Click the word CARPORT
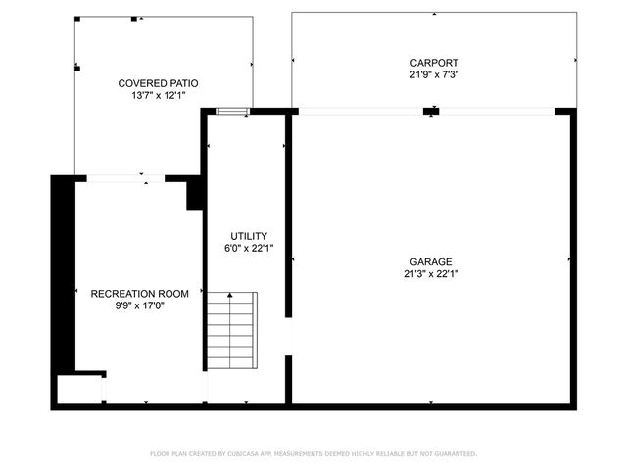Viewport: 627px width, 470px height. click(434, 63)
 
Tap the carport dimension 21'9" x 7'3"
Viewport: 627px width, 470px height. click(434, 74)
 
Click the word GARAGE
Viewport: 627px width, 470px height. click(431, 262)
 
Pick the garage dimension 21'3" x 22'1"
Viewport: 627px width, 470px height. click(431, 274)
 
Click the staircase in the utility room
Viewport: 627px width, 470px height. click(231, 330)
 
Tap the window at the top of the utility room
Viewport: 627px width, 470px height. click(233, 112)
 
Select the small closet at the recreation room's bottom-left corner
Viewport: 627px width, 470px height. click(78, 388)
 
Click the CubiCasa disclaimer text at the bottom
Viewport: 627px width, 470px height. click(313, 454)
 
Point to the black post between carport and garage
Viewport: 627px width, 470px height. click(430, 111)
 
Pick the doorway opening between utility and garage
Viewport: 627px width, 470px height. click(289, 337)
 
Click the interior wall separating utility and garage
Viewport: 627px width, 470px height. click(289, 215)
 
